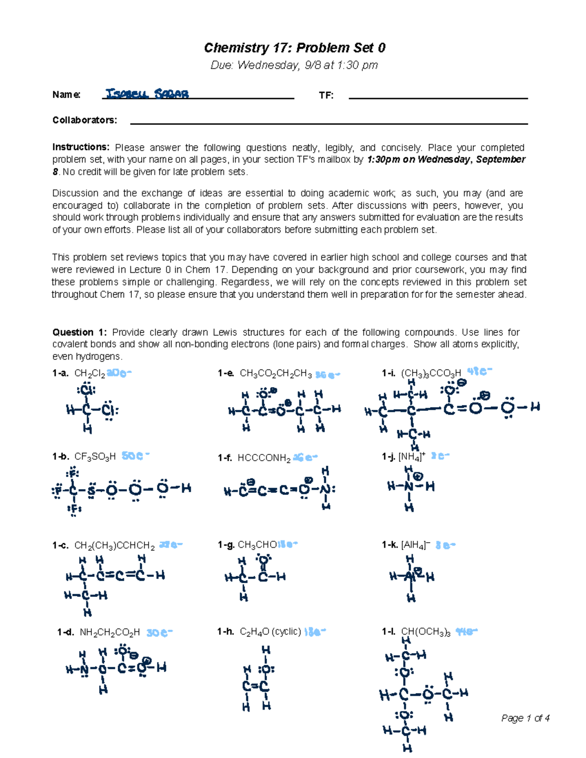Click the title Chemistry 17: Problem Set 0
294,48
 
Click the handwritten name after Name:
147,94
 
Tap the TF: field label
326,96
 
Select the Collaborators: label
84,120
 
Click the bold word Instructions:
81,147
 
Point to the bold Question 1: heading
79,332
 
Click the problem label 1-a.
61,373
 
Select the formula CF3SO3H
95,457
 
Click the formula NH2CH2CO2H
109,633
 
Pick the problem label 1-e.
226,373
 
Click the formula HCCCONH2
264,458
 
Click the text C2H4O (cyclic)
270,632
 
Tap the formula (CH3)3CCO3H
431,374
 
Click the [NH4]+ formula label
412,456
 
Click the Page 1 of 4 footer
525,718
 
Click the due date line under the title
294,65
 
